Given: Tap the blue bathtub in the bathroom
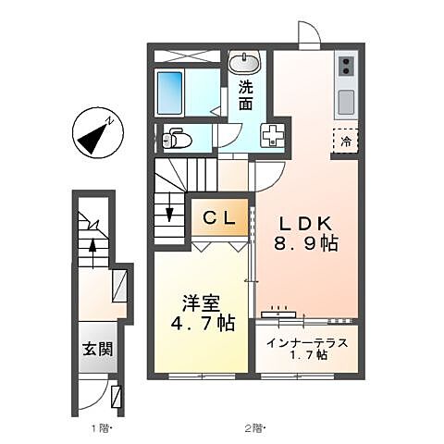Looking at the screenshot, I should click(x=173, y=90).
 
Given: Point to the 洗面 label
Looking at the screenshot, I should click(x=246, y=96).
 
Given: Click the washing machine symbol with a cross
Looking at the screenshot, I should click(x=274, y=134).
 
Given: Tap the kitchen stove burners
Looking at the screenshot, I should click(x=346, y=65).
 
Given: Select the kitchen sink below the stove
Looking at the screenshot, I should click(x=346, y=98).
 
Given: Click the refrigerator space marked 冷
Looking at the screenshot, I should click(x=345, y=142).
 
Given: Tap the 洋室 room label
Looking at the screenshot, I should click(x=200, y=302).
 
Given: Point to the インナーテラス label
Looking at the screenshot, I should click(x=308, y=343).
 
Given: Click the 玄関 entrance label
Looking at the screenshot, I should click(x=96, y=349).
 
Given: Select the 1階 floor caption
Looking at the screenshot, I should click(x=96, y=428).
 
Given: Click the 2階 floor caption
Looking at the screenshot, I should click(x=254, y=428).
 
